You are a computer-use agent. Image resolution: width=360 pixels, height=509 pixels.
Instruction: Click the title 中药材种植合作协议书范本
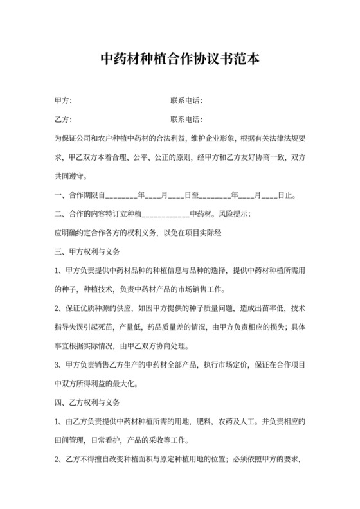(x=180, y=60)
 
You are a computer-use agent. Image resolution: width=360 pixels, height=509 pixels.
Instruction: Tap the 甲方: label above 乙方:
(x=63, y=101)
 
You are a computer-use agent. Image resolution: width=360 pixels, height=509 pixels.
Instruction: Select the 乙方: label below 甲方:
(x=63, y=120)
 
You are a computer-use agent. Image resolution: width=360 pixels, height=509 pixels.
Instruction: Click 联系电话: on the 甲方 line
(x=186, y=101)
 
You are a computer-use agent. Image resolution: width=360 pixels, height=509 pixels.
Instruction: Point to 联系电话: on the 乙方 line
(x=186, y=120)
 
